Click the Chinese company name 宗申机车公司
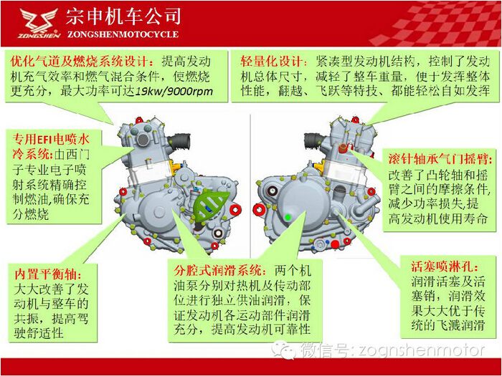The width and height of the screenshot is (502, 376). [123, 16]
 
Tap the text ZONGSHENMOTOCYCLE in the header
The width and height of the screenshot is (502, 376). [122, 34]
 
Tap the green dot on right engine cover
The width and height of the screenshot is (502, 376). [288, 216]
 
